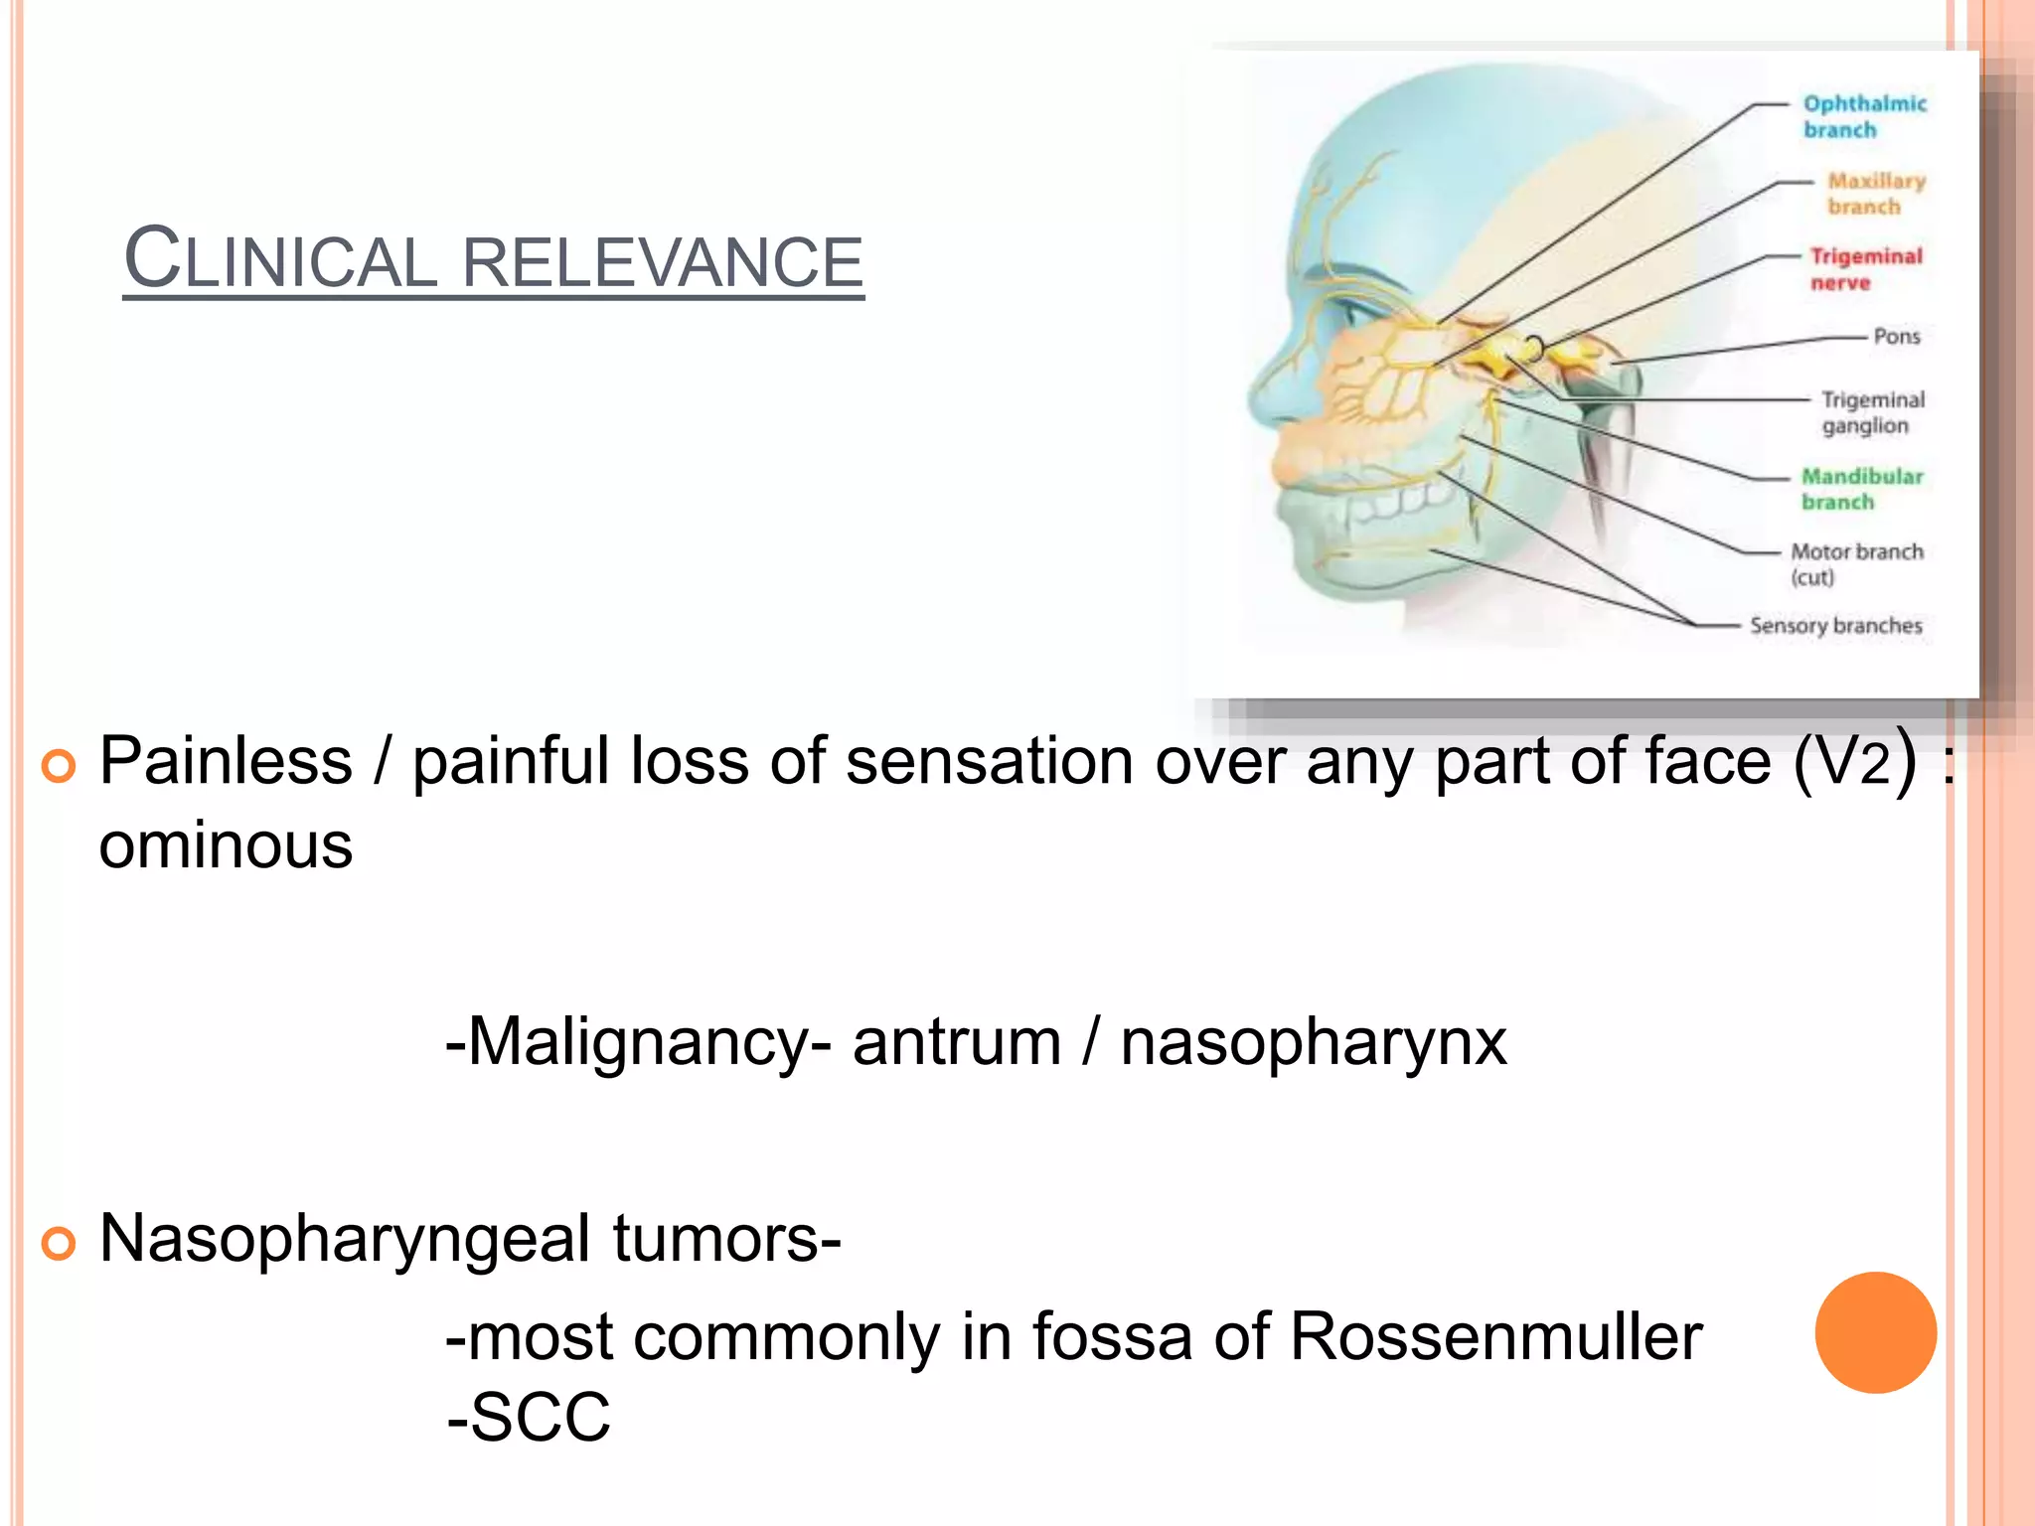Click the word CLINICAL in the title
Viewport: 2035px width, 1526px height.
pos(280,260)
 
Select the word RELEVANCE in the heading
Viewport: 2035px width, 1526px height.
pos(663,262)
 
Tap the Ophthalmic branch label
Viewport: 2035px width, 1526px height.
pos(1864,117)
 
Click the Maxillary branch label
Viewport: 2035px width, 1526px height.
pos(1875,194)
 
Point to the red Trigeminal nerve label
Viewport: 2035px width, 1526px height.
pos(1865,269)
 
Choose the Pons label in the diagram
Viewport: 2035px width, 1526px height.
pos(1896,337)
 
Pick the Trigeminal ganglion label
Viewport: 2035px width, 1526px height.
pos(1872,412)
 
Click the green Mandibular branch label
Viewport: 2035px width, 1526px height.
pos(1862,489)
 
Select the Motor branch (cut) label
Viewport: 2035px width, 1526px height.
pos(1856,563)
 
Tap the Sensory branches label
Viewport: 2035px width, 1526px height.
pos(1835,626)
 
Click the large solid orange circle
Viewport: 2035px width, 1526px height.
pos(1875,1332)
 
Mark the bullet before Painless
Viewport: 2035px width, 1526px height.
pos(59,766)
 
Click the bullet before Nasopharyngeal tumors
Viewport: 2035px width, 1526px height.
pos(59,1243)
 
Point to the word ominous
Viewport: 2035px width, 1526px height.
pos(226,846)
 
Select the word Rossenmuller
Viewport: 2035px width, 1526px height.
pos(1495,1337)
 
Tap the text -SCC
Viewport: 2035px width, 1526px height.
pos(529,1417)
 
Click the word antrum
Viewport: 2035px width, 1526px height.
pos(957,1042)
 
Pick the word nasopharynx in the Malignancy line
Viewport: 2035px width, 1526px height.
pos(1313,1043)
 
